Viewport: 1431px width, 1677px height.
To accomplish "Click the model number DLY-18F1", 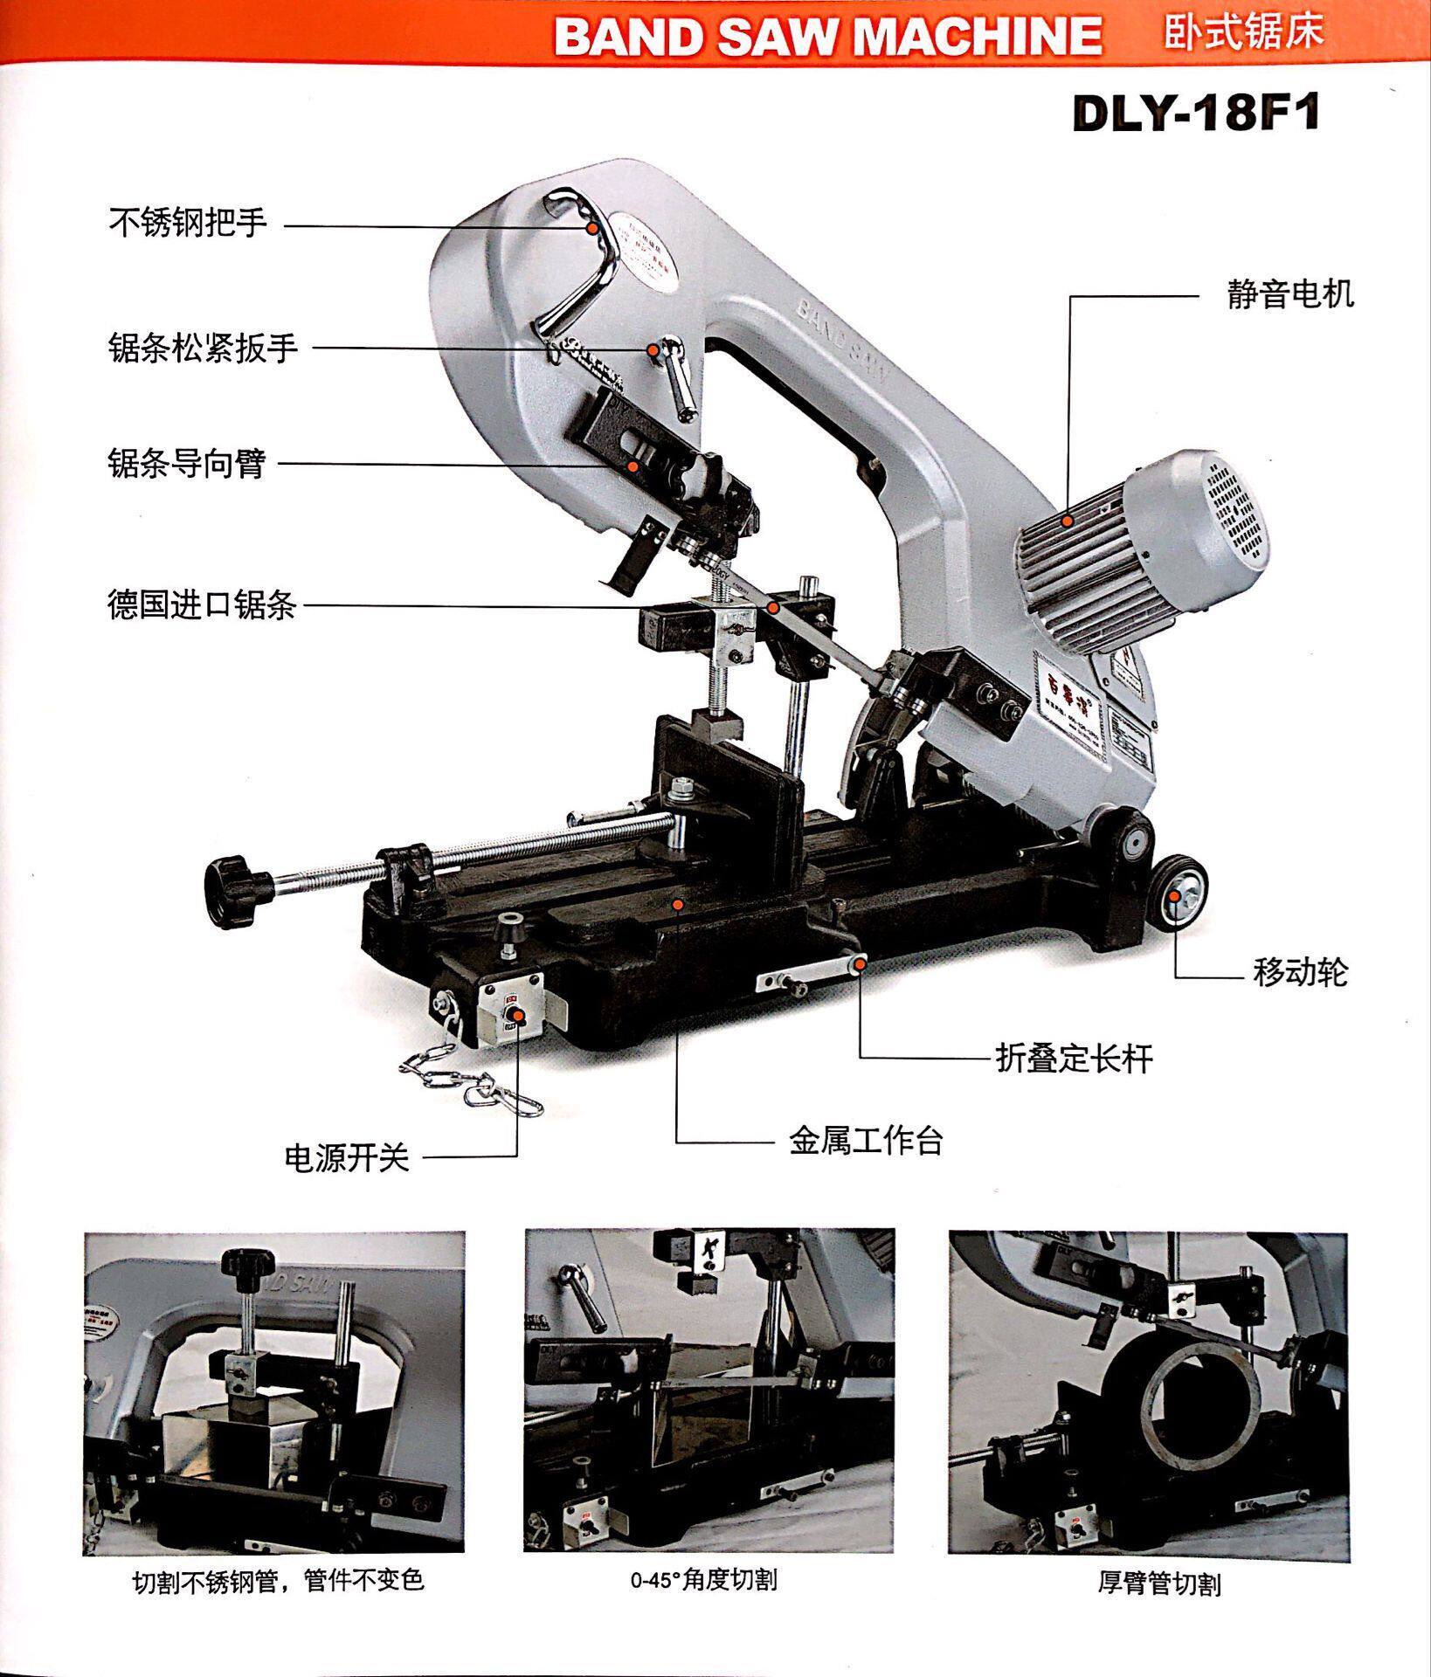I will point(1195,114).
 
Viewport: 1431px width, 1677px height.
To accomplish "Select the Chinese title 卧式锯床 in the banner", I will point(1244,31).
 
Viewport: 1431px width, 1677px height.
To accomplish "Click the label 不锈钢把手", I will point(188,223).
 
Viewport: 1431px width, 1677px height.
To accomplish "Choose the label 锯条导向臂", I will point(186,463).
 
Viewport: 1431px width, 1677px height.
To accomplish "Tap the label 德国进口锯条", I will point(202,604).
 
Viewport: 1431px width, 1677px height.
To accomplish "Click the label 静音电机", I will point(1290,294).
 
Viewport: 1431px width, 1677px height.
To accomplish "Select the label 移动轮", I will point(1301,972).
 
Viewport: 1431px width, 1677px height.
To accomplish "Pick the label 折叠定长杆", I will point(1075,1059).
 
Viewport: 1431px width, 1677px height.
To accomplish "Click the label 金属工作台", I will point(866,1141).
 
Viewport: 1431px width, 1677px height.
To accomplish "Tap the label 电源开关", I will point(347,1158).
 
